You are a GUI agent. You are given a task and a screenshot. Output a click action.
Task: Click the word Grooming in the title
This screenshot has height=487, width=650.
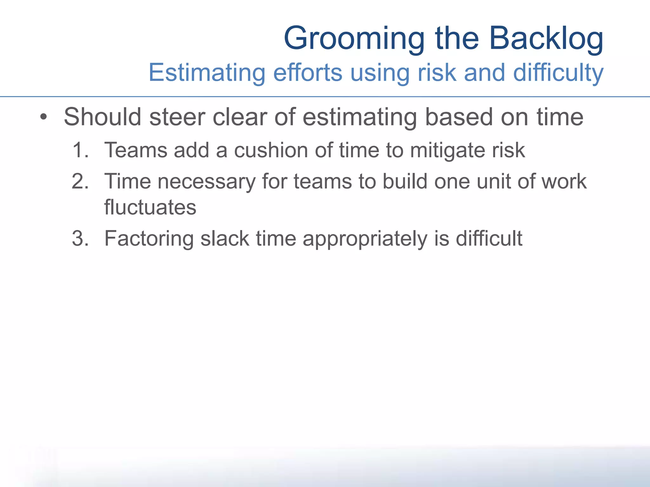[354, 39]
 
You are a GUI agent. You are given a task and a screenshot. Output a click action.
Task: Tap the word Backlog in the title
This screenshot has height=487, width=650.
[546, 39]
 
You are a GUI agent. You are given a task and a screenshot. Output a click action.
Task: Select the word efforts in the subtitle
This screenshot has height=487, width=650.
[308, 73]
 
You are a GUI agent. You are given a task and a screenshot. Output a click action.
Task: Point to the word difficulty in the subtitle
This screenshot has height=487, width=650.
[558, 73]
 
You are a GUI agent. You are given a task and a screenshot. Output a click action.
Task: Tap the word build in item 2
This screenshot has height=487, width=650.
[405, 181]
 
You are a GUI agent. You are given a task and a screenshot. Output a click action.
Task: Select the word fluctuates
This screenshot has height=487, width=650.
[150, 207]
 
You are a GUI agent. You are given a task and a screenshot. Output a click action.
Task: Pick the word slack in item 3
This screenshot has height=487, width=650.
[225, 238]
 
